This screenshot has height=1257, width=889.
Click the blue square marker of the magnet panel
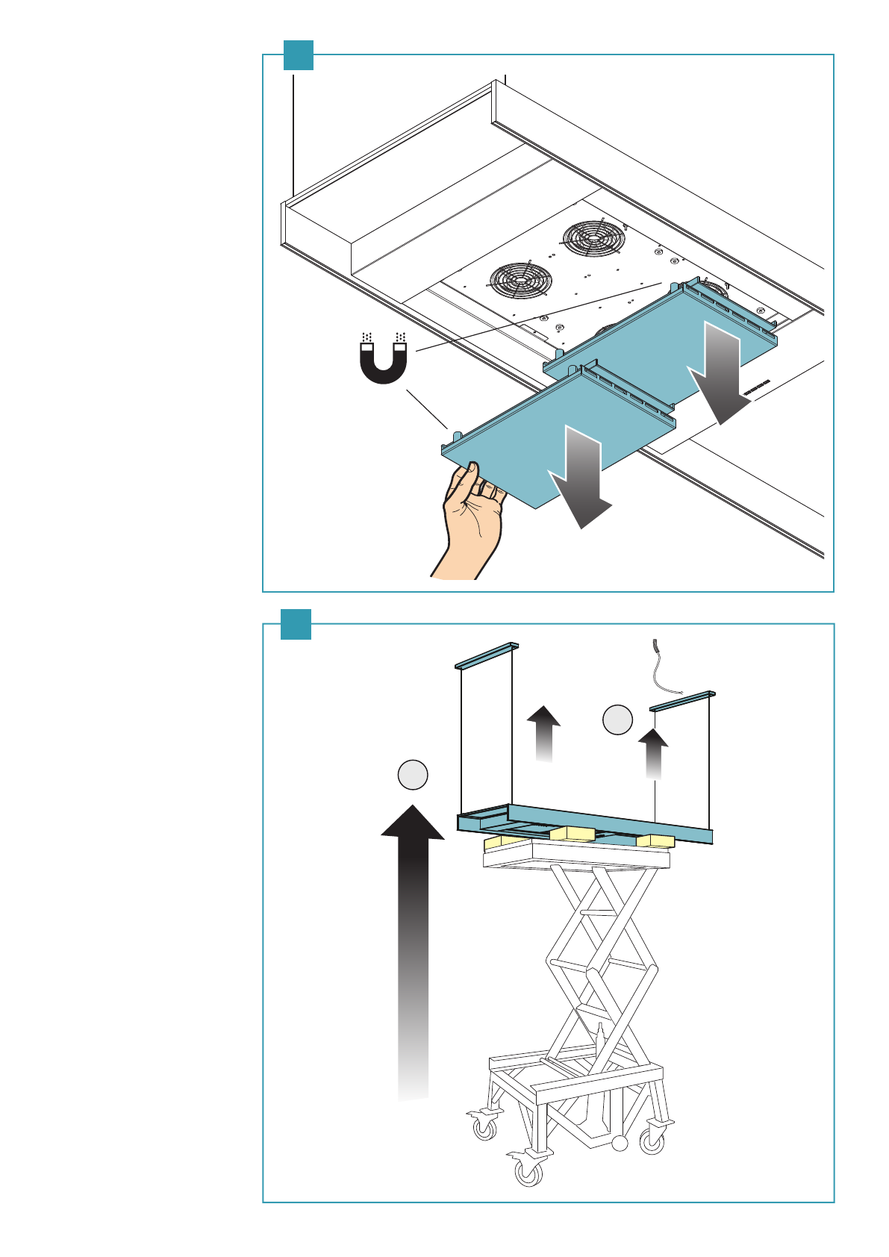[x=299, y=55]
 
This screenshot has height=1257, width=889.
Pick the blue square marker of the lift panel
[x=296, y=624]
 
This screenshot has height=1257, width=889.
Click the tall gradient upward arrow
[x=413, y=948]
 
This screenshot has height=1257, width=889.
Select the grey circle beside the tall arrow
[x=413, y=775]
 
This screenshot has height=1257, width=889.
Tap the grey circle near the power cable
[x=617, y=720]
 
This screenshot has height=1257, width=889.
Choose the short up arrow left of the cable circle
[x=543, y=732]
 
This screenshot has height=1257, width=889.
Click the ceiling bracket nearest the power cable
[x=682, y=700]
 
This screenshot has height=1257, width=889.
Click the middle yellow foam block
[x=573, y=833]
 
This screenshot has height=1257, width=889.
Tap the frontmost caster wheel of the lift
[x=529, y=1172]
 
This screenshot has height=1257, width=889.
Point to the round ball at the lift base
[x=620, y=1142]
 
